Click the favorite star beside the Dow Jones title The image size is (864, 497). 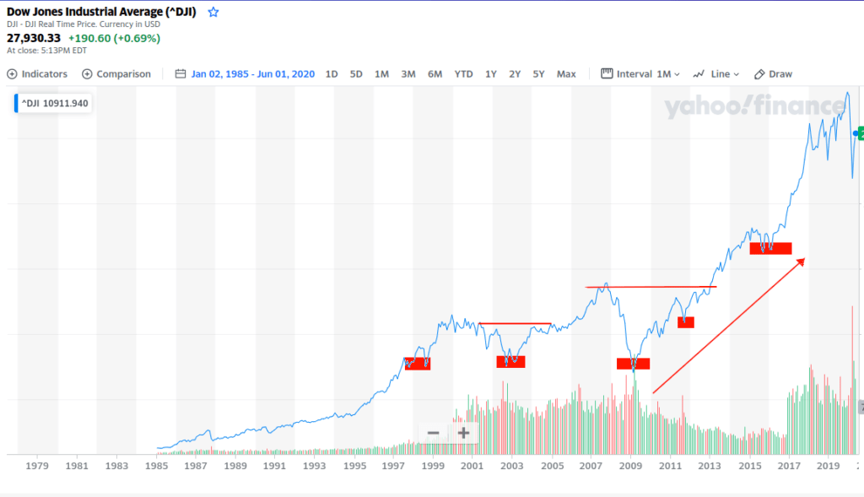tap(213, 12)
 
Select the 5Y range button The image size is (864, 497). tap(538, 74)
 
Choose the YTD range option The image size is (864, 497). tap(463, 74)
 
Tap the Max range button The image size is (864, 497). tap(566, 74)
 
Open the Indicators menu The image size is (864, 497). tap(37, 74)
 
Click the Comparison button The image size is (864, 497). tap(116, 74)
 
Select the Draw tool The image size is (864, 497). tap(773, 74)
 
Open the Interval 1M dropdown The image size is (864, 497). tap(640, 74)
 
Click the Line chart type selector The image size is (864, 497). tap(715, 74)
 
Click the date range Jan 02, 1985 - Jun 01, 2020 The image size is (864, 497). tap(252, 74)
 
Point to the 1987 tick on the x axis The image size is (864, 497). tap(195, 466)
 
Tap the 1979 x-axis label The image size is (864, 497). tap(37, 466)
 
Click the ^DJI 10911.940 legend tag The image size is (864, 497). tap(53, 104)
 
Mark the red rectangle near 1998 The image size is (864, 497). tap(418, 364)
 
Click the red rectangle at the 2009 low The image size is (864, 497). tap(633, 364)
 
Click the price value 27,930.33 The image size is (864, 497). tap(33, 38)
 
